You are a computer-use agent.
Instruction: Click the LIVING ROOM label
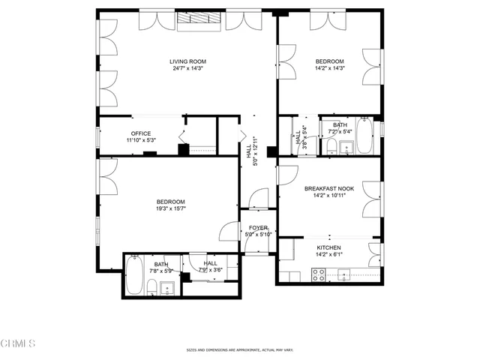[x=187, y=61]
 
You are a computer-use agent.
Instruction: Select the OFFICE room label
[x=142, y=134]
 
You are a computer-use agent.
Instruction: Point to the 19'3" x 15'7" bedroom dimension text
[x=171, y=208]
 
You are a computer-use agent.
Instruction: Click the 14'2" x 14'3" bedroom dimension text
[x=329, y=69]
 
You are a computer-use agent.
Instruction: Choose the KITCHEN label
[x=328, y=247]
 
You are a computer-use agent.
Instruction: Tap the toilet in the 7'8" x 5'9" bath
[x=151, y=286]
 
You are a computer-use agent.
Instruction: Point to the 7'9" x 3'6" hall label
[x=210, y=263]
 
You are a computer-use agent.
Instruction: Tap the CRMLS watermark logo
[x=19, y=343]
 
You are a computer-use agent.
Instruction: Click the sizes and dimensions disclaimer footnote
[x=239, y=349]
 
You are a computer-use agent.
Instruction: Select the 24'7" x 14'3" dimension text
[x=187, y=69]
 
